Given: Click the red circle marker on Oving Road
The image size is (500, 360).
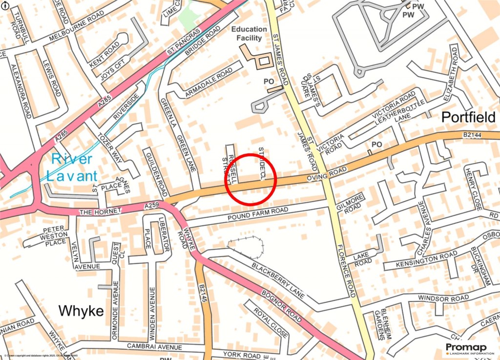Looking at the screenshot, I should pyautogui.click(x=251, y=179).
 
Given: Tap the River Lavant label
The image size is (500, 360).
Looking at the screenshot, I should pyautogui.click(x=72, y=167).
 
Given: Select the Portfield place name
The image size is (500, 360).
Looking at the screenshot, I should pyautogui.click(x=468, y=117).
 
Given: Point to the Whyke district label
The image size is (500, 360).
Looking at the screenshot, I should pyautogui.click(x=81, y=311).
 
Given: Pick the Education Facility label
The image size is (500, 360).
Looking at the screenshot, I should pyautogui.click(x=249, y=33).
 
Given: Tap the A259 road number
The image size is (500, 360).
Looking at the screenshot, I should pyautogui.click(x=152, y=207).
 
